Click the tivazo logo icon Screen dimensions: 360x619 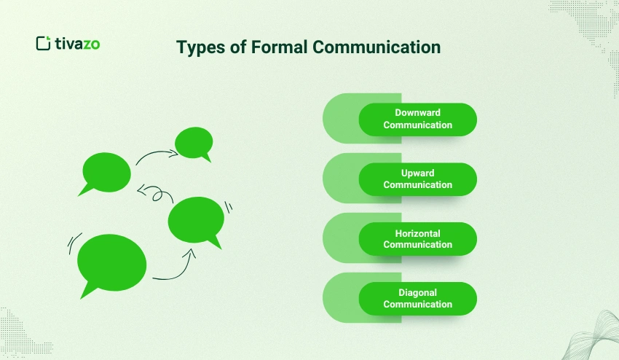pyautogui.click(x=44, y=43)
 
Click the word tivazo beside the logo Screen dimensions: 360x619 pyautogui.click(x=77, y=44)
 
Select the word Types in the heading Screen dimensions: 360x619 pyautogui.click(x=202, y=48)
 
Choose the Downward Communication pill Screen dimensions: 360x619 pyautogui.click(x=417, y=120)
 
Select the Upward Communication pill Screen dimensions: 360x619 pyautogui.click(x=417, y=179)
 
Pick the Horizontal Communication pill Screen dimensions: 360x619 pyautogui.click(x=417, y=239)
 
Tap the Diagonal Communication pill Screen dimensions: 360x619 pyautogui.click(x=417, y=299)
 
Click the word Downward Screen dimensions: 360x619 pyautogui.click(x=417, y=113)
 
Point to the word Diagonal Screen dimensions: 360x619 pyautogui.click(x=417, y=293)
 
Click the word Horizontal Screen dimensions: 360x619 pyautogui.click(x=417, y=233)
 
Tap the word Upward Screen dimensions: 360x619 pyautogui.click(x=417, y=173)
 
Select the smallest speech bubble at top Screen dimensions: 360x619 pyautogui.click(x=194, y=143)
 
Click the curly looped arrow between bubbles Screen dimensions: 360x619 pyautogui.click(x=154, y=193)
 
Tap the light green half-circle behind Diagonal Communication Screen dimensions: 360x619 pyautogui.click(x=340, y=299)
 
